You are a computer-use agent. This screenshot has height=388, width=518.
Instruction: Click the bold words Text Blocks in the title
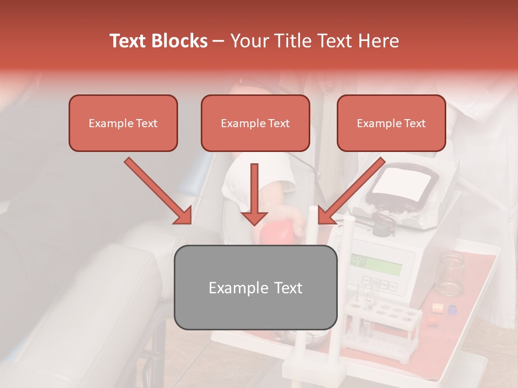coord(158,41)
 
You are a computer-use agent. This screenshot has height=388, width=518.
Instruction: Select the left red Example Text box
coord(123,123)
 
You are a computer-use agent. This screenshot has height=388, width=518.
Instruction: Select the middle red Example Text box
coord(255,123)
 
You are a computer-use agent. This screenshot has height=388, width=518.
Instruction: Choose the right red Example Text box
coord(391,123)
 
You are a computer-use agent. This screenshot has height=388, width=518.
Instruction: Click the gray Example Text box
coord(255,287)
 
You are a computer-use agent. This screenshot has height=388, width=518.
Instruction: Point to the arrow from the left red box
coord(159,191)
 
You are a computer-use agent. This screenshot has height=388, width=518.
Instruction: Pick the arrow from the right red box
coord(351,191)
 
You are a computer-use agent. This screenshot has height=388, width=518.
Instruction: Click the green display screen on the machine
coord(376,264)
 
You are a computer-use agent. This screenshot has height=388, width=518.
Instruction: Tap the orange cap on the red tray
coord(437,308)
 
